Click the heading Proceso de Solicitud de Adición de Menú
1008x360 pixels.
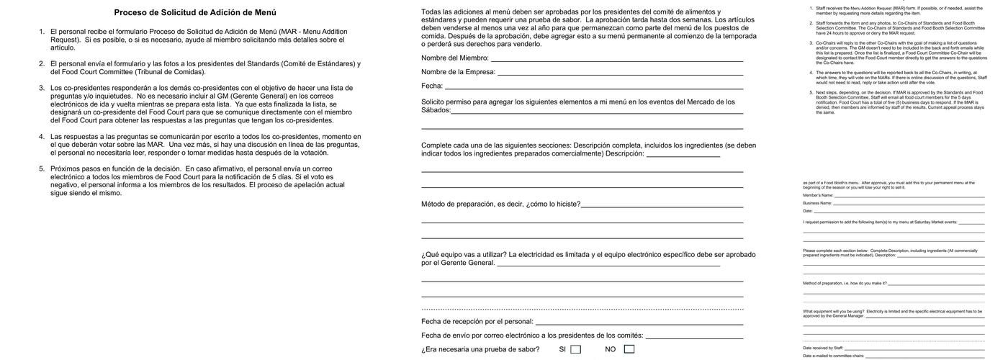click(x=194, y=12)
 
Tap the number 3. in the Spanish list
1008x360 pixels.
click(x=42, y=88)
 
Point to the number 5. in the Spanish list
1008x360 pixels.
click(x=42, y=168)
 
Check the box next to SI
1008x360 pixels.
click(x=575, y=350)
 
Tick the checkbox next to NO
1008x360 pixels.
click(x=629, y=350)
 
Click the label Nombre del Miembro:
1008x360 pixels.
click(x=455, y=58)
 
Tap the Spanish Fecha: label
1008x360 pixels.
click(x=432, y=86)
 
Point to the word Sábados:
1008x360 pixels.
click(x=436, y=110)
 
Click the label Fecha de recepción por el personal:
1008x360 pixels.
click(x=477, y=322)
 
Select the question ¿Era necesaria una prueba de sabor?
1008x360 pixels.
click(x=480, y=350)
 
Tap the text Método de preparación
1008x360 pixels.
click(x=457, y=204)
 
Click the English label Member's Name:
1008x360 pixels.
click(x=818, y=195)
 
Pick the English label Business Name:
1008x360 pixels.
click(x=817, y=203)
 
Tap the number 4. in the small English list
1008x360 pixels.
click(x=811, y=72)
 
